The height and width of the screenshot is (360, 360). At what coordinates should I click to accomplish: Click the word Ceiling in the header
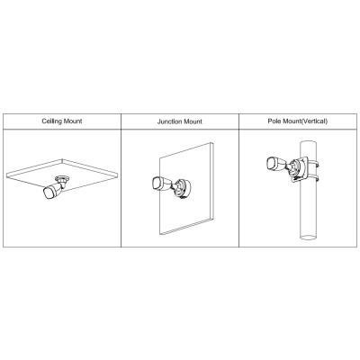tap(51, 121)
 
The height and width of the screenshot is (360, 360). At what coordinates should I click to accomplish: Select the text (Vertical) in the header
tap(314, 121)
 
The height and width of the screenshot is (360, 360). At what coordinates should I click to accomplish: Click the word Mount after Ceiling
tap(73, 121)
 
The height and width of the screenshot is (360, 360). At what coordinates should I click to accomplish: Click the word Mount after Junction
tap(193, 121)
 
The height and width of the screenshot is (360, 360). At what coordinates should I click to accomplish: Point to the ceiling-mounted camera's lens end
tap(49, 193)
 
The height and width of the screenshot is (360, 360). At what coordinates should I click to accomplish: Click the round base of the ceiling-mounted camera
tap(62, 178)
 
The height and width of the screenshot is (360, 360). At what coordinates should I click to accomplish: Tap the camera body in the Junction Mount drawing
tap(160, 184)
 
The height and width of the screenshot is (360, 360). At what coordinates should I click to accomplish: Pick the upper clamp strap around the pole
tap(313, 163)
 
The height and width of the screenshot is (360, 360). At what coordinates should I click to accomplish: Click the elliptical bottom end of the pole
tap(308, 238)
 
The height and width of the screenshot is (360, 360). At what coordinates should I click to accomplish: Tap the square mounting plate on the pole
tap(300, 169)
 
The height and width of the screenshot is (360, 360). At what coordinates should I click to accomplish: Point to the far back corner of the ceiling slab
tap(62, 159)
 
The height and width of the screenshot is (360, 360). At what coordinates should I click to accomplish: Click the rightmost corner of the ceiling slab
tap(117, 174)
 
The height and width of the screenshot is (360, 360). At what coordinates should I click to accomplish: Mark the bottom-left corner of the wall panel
tap(160, 234)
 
